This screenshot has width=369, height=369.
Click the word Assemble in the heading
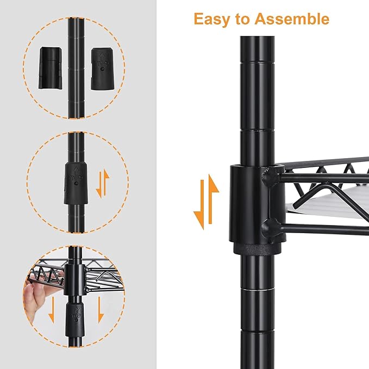tap(292, 18)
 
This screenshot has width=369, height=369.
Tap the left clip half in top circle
tap(51, 68)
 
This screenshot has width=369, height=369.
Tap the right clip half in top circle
tap(103, 69)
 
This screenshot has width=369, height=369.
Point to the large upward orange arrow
tap(213, 199)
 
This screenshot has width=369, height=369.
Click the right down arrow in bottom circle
tap(101, 310)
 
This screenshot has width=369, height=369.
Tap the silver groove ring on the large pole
tap(258, 290)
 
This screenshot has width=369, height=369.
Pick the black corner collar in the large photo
tap(257, 210)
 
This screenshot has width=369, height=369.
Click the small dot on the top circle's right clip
tap(102, 69)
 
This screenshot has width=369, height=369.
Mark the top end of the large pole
tap(257, 36)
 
